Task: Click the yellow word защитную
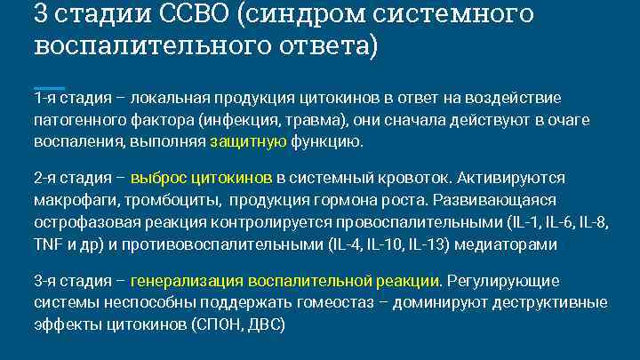click(248, 140)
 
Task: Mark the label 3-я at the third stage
click(46, 281)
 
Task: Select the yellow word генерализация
click(187, 281)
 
